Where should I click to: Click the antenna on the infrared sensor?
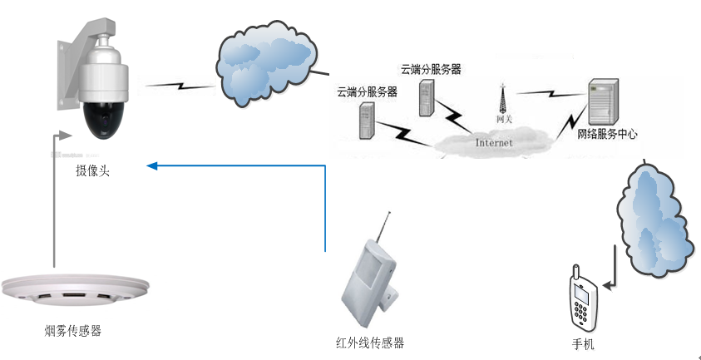pos(383,229)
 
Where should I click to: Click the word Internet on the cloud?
pos(494,143)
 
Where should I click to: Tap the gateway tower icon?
pos(503,98)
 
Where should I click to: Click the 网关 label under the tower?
pos(504,120)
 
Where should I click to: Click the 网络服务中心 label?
pos(608,134)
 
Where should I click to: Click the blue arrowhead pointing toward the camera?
pos(152,166)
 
